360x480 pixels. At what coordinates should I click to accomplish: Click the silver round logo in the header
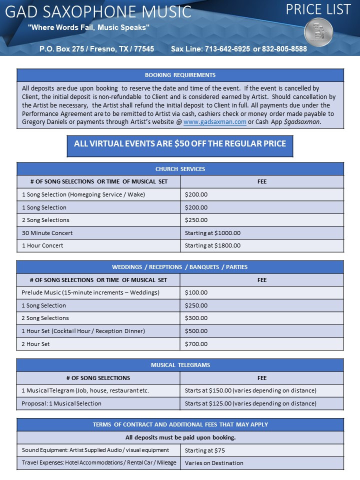pos(318,32)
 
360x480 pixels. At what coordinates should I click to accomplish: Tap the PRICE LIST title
pos(318,9)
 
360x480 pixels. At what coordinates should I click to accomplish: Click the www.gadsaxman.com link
pos(214,122)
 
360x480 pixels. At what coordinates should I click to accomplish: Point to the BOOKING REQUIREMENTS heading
pos(180,75)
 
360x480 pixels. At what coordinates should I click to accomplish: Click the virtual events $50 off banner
pos(180,144)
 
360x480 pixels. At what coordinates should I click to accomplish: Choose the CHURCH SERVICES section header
pos(180,169)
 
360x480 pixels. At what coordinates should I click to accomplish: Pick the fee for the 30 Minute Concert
pos(212,233)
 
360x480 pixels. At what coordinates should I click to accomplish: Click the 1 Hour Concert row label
pos(42,245)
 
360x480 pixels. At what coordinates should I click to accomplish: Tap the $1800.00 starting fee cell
pos(212,245)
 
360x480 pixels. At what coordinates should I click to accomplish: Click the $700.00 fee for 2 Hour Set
pos(196,344)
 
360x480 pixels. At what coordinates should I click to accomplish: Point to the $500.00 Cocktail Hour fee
pos(196,331)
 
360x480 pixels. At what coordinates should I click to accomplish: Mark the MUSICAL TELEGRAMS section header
pos(180,365)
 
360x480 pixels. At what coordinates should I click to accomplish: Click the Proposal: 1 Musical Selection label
pos(61,403)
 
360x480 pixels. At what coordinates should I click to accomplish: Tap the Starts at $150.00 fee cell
pos(250,390)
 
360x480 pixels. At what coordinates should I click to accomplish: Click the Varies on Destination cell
pos(214,463)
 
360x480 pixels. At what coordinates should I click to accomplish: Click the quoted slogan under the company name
pos(89,27)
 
